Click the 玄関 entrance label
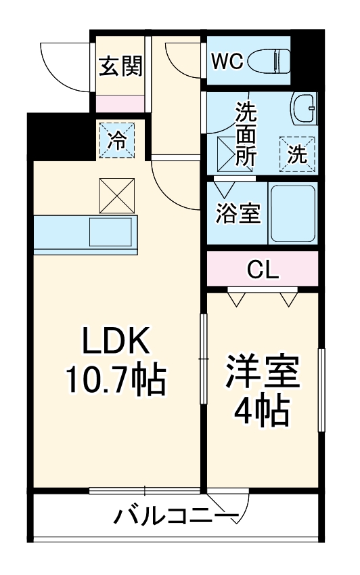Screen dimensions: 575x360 (120, 66)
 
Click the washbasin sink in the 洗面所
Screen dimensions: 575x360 (304, 108)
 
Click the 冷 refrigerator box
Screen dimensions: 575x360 (117, 140)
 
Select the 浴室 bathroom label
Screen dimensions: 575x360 (238, 213)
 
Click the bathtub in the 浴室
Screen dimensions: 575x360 (292, 213)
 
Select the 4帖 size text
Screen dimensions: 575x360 (263, 409)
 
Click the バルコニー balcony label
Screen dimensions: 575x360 (175, 517)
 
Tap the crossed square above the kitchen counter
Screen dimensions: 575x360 (117, 194)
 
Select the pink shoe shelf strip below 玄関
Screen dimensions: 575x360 (120, 104)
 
